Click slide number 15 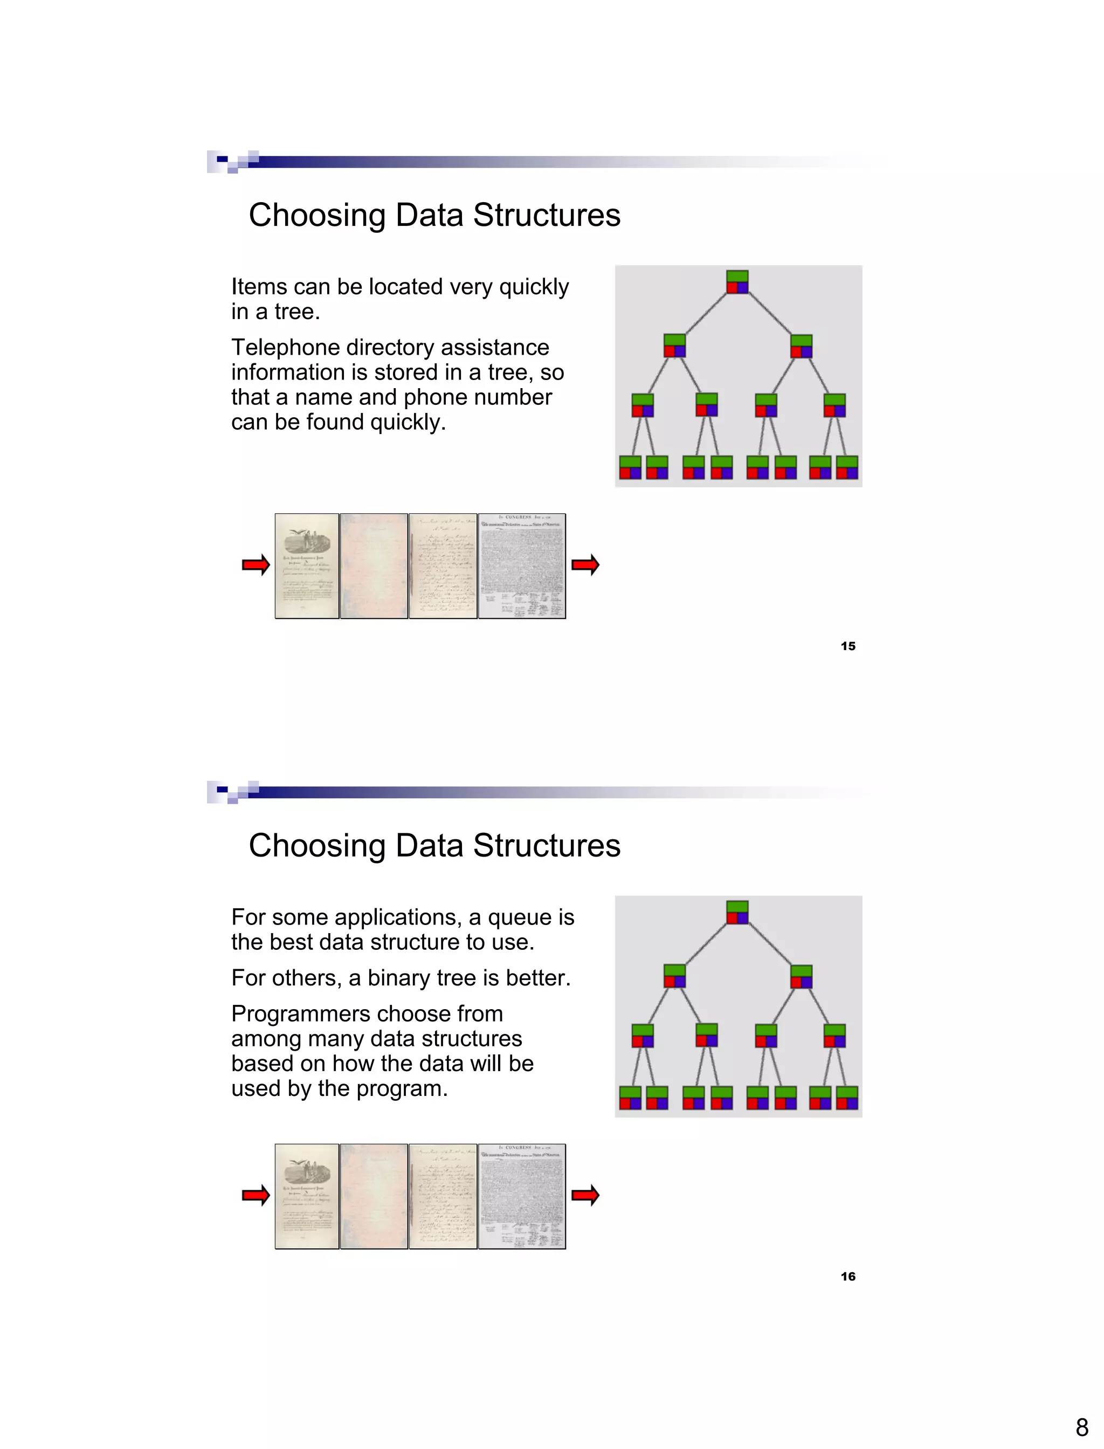(x=848, y=646)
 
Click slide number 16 (x=848, y=1276)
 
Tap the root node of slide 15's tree (x=737, y=282)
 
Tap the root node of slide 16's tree (x=737, y=912)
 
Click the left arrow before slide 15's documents (x=256, y=564)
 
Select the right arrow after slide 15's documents (x=585, y=564)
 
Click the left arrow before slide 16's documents (x=256, y=1195)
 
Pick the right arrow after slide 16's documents (x=585, y=1195)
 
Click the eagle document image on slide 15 (x=307, y=566)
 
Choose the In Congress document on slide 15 (x=522, y=566)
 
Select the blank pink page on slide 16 (x=374, y=1196)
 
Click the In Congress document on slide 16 (x=522, y=1196)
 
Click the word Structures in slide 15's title (x=547, y=215)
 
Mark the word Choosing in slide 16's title (x=317, y=846)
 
